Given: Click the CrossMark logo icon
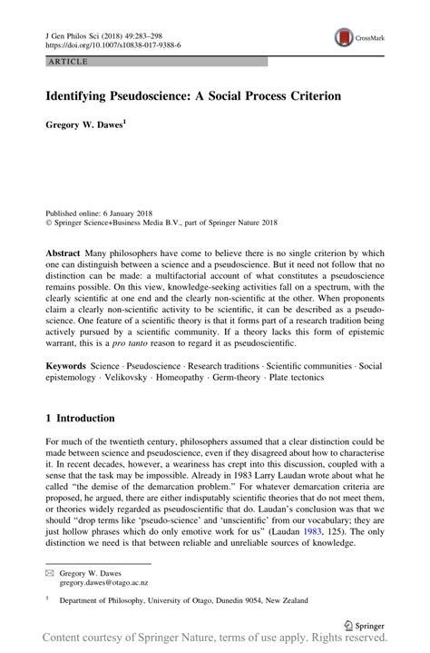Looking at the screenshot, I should click(345, 37).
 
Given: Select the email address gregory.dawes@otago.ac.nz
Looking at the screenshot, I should click(106, 585).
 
